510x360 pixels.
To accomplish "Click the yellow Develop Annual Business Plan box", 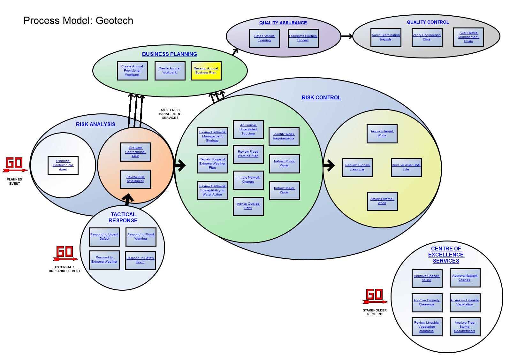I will point(206,71).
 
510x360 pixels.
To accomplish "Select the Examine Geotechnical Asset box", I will point(63,165).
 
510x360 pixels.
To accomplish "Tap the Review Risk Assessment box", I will point(135,179).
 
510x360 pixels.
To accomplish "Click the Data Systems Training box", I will point(264,38).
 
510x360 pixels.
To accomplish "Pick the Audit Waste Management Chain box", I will point(468,37).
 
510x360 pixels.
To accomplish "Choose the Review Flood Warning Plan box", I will point(248,154).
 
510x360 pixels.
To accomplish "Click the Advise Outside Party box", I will point(248,206).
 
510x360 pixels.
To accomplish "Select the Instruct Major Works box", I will point(284,190).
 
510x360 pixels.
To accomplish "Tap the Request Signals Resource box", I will point(357,167).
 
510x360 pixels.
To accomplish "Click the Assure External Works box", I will point(382,201).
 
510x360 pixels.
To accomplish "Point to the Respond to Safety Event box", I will point(140,260).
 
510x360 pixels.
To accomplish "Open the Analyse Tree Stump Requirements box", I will point(465,327).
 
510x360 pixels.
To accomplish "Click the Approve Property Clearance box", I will point(427,303).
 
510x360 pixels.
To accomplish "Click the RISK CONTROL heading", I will point(321,98).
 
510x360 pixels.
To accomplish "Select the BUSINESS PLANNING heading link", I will point(170,54).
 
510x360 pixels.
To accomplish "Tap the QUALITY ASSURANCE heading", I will point(283,23).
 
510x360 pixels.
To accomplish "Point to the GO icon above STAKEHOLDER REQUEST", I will point(375,296).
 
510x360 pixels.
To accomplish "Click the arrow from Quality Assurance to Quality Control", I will point(347,36).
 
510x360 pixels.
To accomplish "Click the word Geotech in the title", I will point(114,21).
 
